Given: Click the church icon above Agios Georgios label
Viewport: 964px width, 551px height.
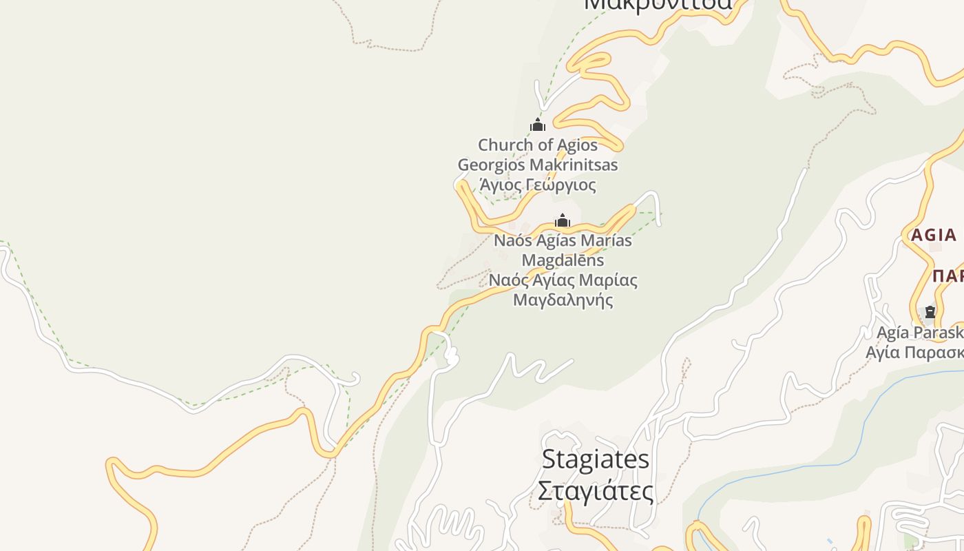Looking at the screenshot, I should point(538,125).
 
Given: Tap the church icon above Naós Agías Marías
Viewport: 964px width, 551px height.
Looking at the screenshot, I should point(563,220).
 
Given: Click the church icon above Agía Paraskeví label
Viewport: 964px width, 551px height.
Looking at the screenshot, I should point(930,312).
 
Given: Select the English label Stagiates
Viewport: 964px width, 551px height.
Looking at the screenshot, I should point(596,459).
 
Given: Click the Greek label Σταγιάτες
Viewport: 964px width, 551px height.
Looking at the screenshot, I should point(596,491).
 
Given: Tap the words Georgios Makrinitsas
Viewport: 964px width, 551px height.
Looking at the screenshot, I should point(538,165).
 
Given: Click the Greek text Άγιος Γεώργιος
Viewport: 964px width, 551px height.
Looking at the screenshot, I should point(538,185).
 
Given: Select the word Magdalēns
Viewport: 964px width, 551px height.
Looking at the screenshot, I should point(563,260).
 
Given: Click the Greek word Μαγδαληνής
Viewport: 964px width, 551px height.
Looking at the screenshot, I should point(563,300).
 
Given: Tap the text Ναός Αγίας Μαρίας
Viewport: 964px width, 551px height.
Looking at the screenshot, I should point(563,280).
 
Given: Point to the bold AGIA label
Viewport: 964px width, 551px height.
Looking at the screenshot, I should point(934,235).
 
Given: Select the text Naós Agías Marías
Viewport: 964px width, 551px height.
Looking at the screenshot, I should point(563,240).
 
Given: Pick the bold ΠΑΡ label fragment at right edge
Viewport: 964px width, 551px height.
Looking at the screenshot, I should point(948,276).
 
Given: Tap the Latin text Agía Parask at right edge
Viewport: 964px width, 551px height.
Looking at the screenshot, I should point(919,333).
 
